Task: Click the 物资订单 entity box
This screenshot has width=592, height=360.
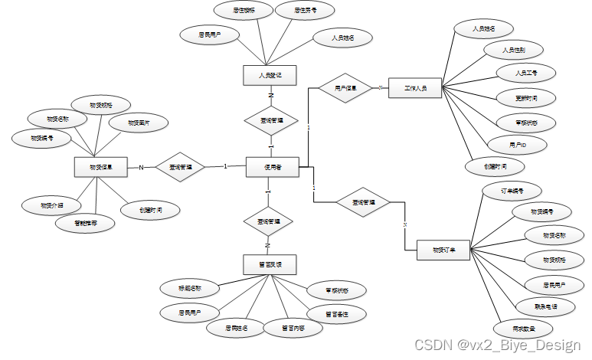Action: point(443,250)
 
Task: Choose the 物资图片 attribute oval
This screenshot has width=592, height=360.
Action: point(139,122)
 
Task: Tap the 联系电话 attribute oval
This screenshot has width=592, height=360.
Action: point(546,306)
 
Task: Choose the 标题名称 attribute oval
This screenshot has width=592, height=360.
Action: point(190,289)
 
